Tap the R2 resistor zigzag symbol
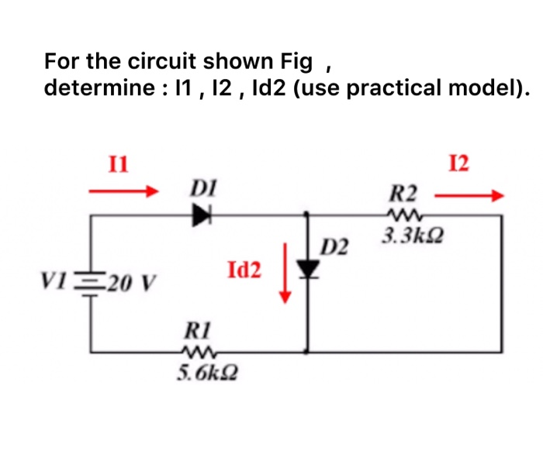tap(403, 215)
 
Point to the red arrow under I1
tap(123, 190)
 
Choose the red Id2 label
tap(245, 270)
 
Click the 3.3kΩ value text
tap(406, 235)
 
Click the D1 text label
tap(202, 187)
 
